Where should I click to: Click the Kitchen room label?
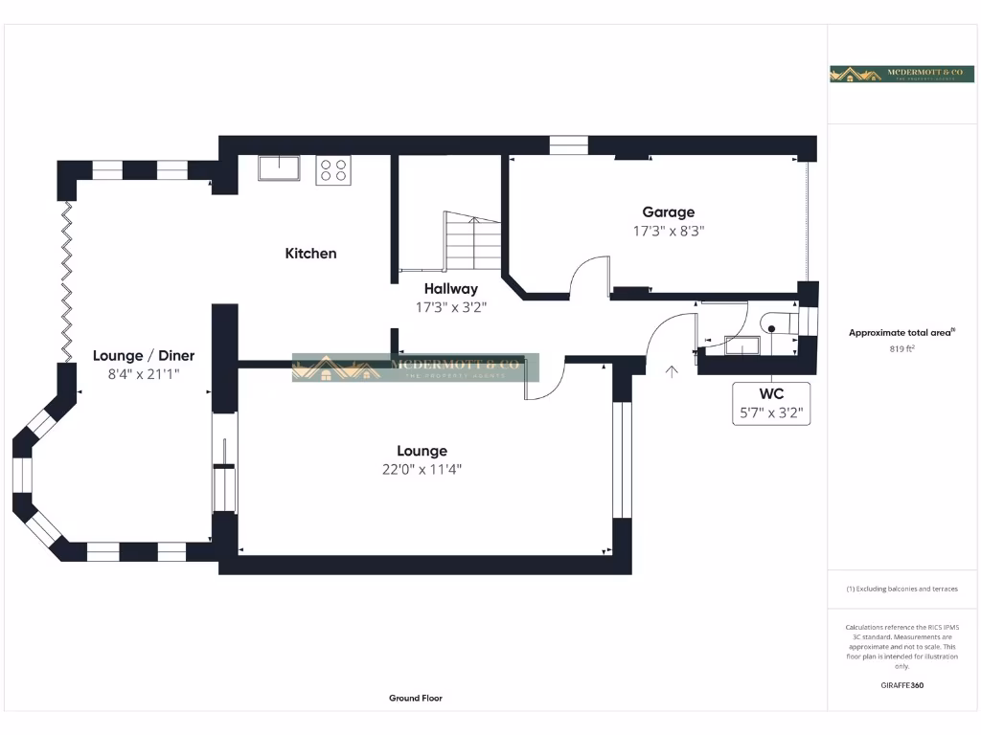310,254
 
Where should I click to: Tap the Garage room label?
668,212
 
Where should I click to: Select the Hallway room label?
450,288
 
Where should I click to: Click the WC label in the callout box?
771,394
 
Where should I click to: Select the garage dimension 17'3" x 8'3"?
668,231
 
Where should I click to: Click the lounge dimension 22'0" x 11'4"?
422,469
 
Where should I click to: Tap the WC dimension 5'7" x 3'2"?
771,414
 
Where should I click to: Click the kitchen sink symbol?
279,169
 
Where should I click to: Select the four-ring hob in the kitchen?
333,170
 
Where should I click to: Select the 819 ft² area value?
902,349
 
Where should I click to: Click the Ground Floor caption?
416,699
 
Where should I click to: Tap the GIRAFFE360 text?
902,685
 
